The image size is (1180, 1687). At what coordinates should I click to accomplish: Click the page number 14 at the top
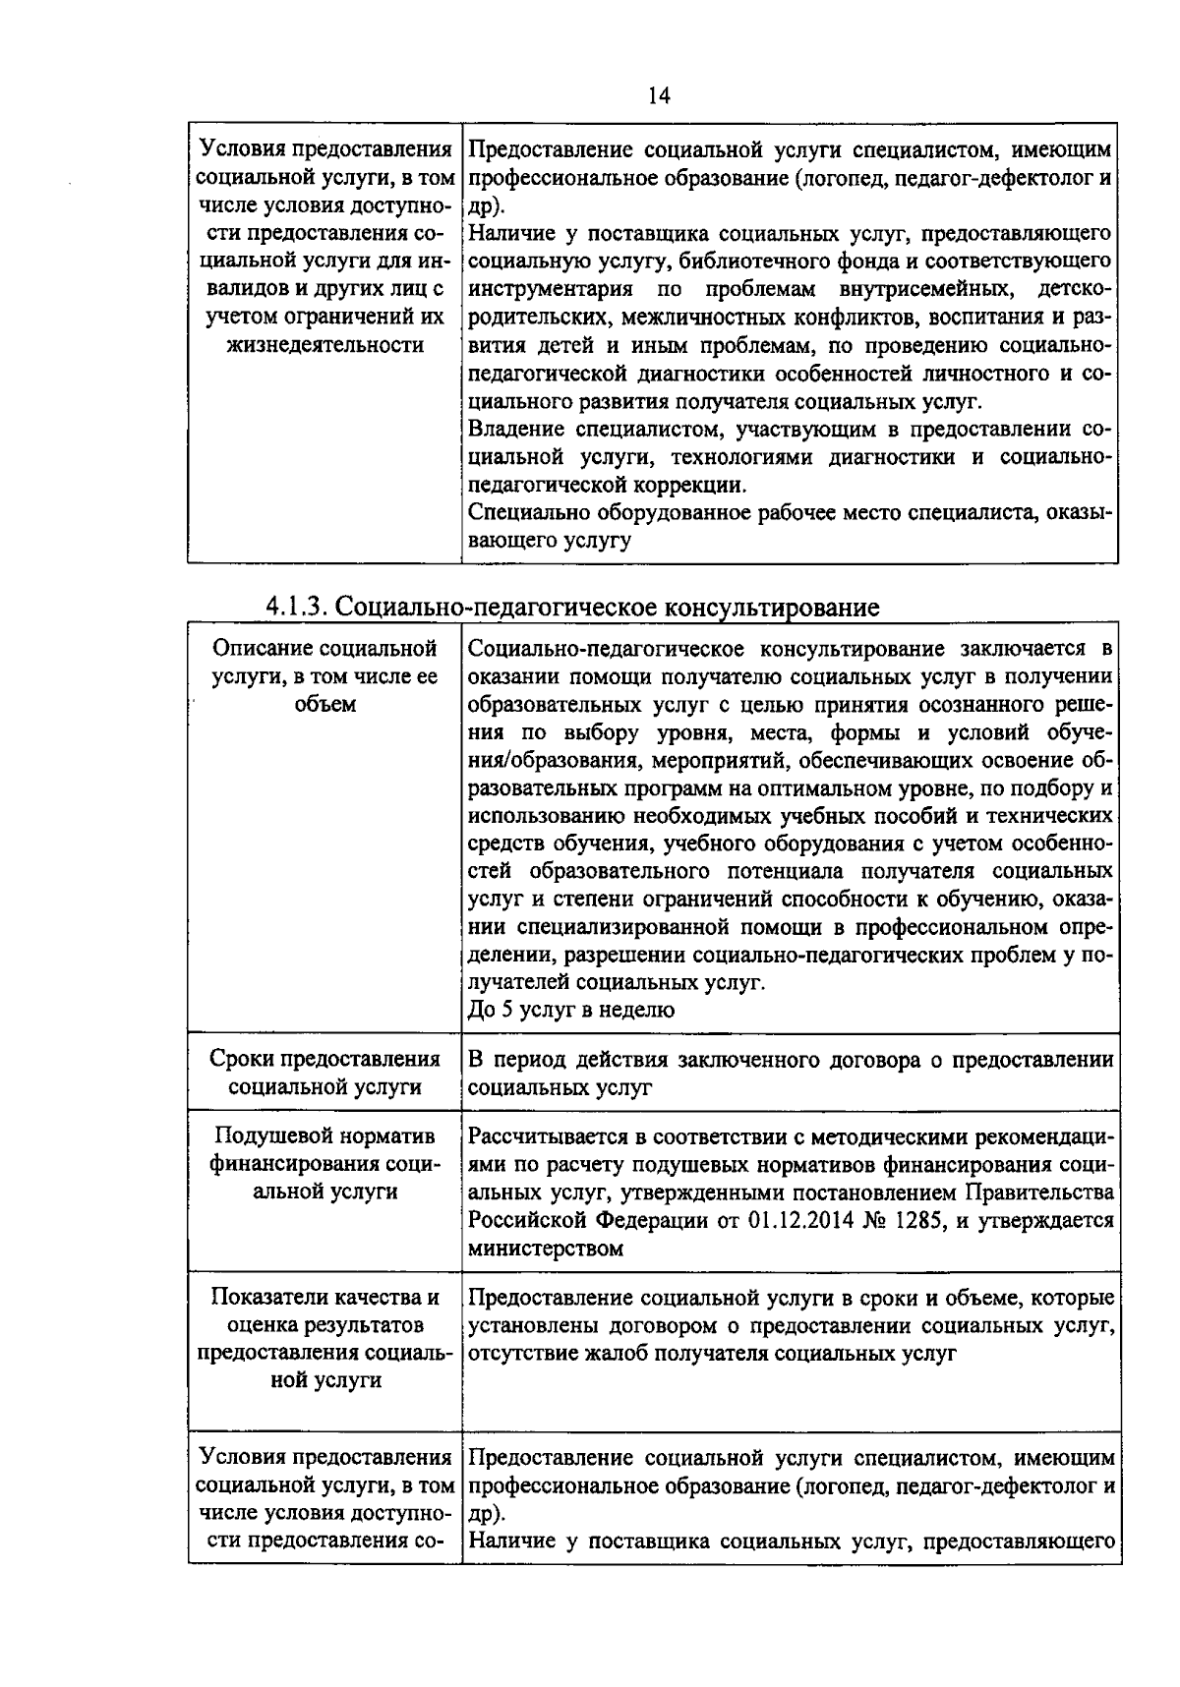click(659, 94)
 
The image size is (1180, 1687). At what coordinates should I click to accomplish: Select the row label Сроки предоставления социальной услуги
click(324, 1073)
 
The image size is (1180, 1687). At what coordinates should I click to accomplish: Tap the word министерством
click(546, 1249)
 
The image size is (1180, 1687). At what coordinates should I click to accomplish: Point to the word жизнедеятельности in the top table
click(325, 345)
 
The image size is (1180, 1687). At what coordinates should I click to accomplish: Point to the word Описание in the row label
click(254, 648)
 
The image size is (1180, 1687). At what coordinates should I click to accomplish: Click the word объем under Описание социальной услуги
click(324, 704)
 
